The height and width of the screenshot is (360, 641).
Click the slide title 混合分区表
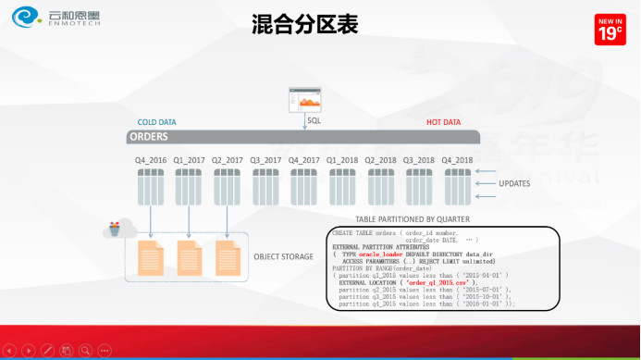pyautogui.click(x=304, y=25)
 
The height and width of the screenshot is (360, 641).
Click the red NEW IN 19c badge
pyautogui.click(x=610, y=30)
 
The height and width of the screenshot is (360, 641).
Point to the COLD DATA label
pyautogui.click(x=156, y=122)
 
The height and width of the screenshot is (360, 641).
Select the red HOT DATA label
pyautogui.click(x=443, y=122)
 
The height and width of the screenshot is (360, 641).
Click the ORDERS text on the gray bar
pyautogui.click(x=148, y=137)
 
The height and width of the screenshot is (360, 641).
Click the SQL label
pyautogui.click(x=314, y=120)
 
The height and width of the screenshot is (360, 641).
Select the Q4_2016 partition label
pyautogui.click(x=151, y=159)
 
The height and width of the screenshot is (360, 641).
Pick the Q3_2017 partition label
pyautogui.click(x=265, y=159)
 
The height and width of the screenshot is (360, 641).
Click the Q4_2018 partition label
pyautogui.click(x=457, y=159)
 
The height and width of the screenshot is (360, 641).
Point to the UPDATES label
pyautogui.click(x=514, y=183)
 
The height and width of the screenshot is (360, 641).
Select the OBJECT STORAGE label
pyautogui.click(x=285, y=256)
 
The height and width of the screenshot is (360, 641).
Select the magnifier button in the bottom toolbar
pyautogui.click(x=85, y=351)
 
